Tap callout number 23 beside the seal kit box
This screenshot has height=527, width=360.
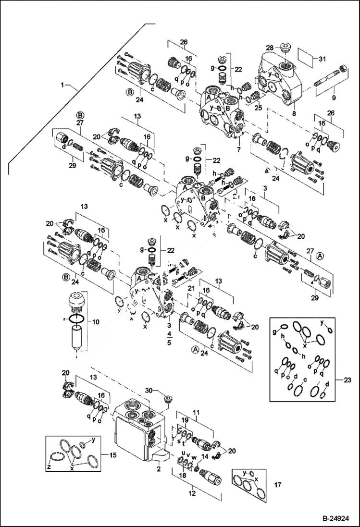[x=348, y=380]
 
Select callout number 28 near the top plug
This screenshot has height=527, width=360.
[x=270, y=48]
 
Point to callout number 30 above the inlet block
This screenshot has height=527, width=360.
[x=149, y=390]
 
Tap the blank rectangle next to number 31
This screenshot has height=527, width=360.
[x=308, y=59]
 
